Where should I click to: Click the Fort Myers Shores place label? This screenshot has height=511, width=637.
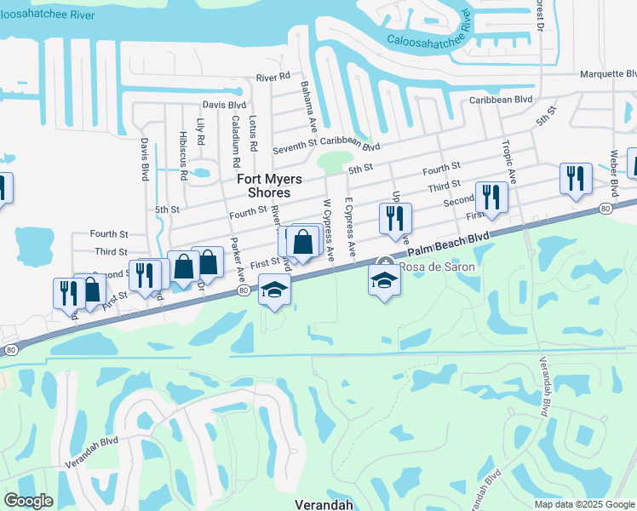263,186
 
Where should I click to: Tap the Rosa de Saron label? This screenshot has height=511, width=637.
436,267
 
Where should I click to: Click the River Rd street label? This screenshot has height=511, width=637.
273,78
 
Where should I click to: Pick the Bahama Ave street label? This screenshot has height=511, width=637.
308,100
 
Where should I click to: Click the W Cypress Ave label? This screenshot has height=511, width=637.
329,228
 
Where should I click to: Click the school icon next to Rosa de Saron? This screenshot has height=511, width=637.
385,280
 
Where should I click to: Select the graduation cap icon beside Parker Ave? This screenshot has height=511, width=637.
274,290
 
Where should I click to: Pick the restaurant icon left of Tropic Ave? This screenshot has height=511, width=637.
491,198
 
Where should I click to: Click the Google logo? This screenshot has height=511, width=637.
29,501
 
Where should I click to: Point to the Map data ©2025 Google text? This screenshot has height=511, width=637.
583,504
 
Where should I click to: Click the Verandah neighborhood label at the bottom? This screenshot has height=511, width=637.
324,504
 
